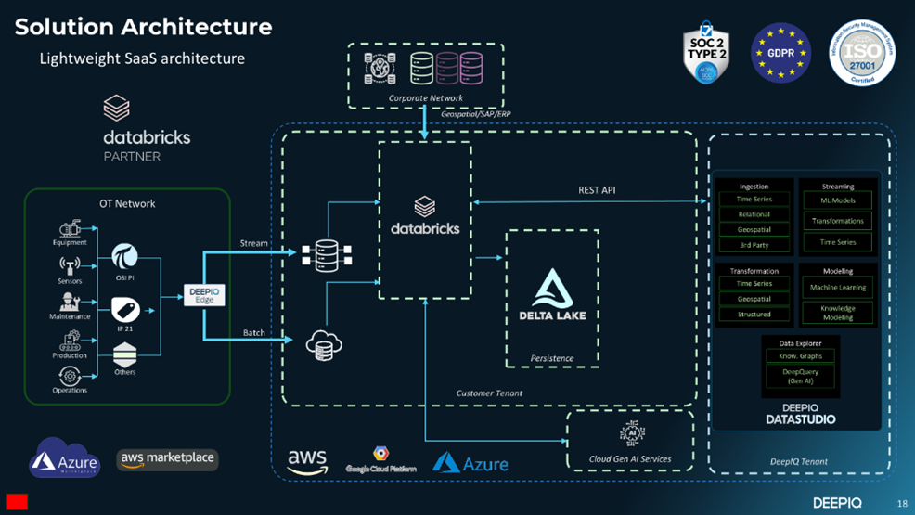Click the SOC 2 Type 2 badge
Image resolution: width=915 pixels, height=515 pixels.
coord(706,53)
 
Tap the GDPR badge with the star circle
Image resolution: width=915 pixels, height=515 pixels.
coord(780,53)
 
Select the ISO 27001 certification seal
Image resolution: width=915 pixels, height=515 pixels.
coord(861,53)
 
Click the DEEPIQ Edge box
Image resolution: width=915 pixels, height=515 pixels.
coord(204,296)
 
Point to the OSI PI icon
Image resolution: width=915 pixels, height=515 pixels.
coord(125,256)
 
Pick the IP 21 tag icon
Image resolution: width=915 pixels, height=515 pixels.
coord(125,310)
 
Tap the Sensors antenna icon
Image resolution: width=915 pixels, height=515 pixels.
coord(70,266)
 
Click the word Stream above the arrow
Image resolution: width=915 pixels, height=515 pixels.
coord(253,243)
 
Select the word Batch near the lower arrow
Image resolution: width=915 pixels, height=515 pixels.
coord(253,332)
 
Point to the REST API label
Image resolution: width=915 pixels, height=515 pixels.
coord(597,190)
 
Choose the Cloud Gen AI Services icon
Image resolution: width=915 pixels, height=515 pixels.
coord(631,433)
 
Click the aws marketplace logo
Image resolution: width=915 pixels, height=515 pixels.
coord(168,458)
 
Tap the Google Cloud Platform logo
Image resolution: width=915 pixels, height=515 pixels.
coord(380,459)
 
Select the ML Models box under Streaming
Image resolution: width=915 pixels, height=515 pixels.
coord(838,200)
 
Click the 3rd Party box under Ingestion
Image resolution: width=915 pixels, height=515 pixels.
coord(754,245)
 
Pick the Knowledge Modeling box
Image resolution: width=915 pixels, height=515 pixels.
coord(838,313)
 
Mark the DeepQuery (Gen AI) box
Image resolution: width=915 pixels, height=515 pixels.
coord(800,376)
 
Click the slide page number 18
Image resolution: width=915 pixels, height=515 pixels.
coord(902,504)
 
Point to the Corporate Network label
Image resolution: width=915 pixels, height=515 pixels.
coord(426,97)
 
